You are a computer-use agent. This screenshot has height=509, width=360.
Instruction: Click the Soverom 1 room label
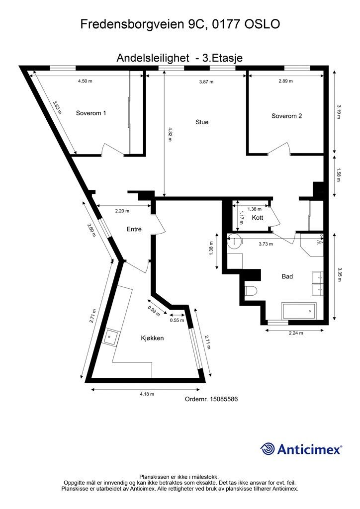pos(91,113)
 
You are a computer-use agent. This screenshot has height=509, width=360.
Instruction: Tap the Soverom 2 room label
pos(286,116)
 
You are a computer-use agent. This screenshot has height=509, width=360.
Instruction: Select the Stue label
pos(202,122)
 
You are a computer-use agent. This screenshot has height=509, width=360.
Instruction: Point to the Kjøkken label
pos(152,338)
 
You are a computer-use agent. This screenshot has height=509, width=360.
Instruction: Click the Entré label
pos(134,229)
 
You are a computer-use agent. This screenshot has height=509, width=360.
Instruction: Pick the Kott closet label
pos(258,218)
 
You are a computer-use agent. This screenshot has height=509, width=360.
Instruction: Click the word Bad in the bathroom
pos(287,276)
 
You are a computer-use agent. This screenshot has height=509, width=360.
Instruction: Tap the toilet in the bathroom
pos(251,291)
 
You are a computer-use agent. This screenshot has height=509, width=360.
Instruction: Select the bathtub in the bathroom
pos(299,311)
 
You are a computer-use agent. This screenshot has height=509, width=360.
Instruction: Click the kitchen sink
pos(110,338)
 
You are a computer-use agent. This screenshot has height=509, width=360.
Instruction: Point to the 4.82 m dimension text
pos(170,134)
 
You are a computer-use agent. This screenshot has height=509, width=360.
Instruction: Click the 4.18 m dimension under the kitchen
pos(147,394)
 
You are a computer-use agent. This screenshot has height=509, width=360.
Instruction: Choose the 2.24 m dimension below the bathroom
pos(296,333)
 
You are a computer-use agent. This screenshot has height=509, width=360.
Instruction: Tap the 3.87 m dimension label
pos(206,82)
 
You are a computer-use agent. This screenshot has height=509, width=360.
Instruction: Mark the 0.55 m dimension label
pos(177,320)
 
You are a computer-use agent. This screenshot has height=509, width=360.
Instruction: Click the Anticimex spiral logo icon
pos(267,449)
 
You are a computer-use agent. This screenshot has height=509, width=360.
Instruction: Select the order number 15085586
pos(224,399)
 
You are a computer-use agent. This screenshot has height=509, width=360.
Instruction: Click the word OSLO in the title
pos(262,24)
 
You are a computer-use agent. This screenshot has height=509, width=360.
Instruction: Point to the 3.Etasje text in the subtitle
pos(222,58)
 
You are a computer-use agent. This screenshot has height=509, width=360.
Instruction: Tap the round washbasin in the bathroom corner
pos(234,241)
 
